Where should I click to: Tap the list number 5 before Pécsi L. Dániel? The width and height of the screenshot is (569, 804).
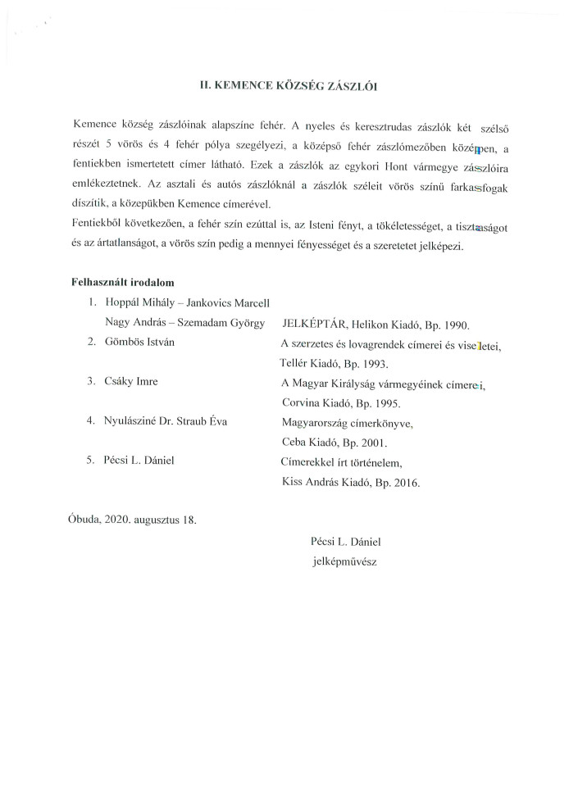click(x=91, y=461)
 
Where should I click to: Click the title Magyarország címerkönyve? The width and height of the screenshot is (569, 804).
click(x=346, y=422)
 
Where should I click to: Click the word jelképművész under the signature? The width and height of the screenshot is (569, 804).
click(x=344, y=561)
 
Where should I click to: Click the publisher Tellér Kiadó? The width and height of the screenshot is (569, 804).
click(x=313, y=363)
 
